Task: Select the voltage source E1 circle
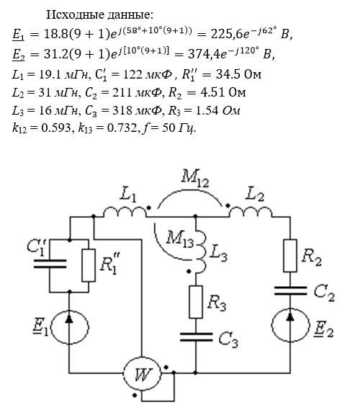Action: [x=50, y=326]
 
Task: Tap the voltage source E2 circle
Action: [x=271, y=325]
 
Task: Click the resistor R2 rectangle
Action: [x=290, y=256]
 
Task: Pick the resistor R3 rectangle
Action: [x=196, y=302]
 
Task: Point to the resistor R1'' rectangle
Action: [x=89, y=265]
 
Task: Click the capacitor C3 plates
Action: [x=196, y=337]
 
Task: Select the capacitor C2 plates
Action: [x=290, y=290]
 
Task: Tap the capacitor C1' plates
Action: [x=50, y=263]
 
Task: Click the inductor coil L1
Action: [x=125, y=212]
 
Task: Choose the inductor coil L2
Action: [x=251, y=212]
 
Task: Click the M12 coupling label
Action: [x=195, y=178]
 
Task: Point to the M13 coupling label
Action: [x=180, y=239]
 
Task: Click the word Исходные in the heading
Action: [x=76, y=14]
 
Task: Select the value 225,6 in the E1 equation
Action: [x=226, y=34]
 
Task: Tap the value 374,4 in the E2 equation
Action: [x=204, y=54]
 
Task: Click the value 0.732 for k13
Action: [x=122, y=128]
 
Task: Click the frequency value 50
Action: [x=168, y=128]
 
